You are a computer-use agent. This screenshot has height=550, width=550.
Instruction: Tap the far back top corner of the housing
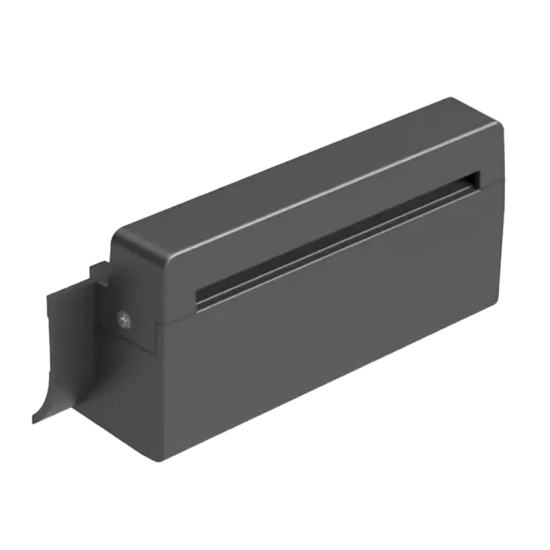point(450,99)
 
